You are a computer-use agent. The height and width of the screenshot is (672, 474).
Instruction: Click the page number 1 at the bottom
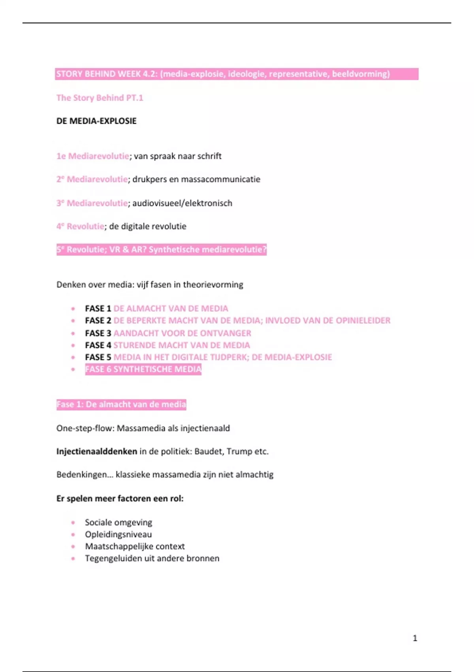pyautogui.click(x=415, y=638)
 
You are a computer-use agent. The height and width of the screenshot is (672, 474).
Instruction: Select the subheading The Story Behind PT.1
pyautogui.click(x=100, y=98)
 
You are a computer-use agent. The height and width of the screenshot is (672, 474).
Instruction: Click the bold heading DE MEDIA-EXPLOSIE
pyautogui.click(x=96, y=121)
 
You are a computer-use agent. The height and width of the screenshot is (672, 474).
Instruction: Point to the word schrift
pyautogui.click(x=209, y=156)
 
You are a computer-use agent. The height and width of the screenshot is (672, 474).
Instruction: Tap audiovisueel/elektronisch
pyautogui.click(x=182, y=203)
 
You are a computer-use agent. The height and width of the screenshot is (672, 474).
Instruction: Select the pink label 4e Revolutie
pyautogui.click(x=81, y=227)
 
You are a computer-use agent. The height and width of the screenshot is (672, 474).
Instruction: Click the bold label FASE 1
pyautogui.click(x=98, y=309)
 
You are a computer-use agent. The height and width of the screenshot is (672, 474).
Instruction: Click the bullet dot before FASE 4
pyautogui.click(x=73, y=345)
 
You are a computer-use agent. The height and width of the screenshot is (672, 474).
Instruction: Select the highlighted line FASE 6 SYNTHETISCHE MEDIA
pyautogui.click(x=143, y=369)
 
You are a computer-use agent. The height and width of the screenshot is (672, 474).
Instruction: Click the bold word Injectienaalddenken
pyautogui.click(x=97, y=451)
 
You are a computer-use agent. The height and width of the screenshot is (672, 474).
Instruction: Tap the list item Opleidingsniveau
pyautogui.click(x=118, y=534)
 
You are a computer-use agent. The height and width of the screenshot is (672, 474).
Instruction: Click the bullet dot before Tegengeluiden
pyautogui.click(x=73, y=559)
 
